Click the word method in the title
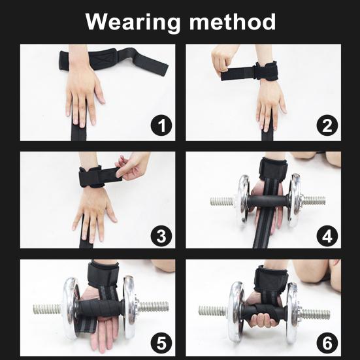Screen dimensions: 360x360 (233, 22)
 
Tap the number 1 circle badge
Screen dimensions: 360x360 (160, 125)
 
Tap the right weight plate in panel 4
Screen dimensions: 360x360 (295, 199)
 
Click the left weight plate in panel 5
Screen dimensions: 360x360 (71, 307)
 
